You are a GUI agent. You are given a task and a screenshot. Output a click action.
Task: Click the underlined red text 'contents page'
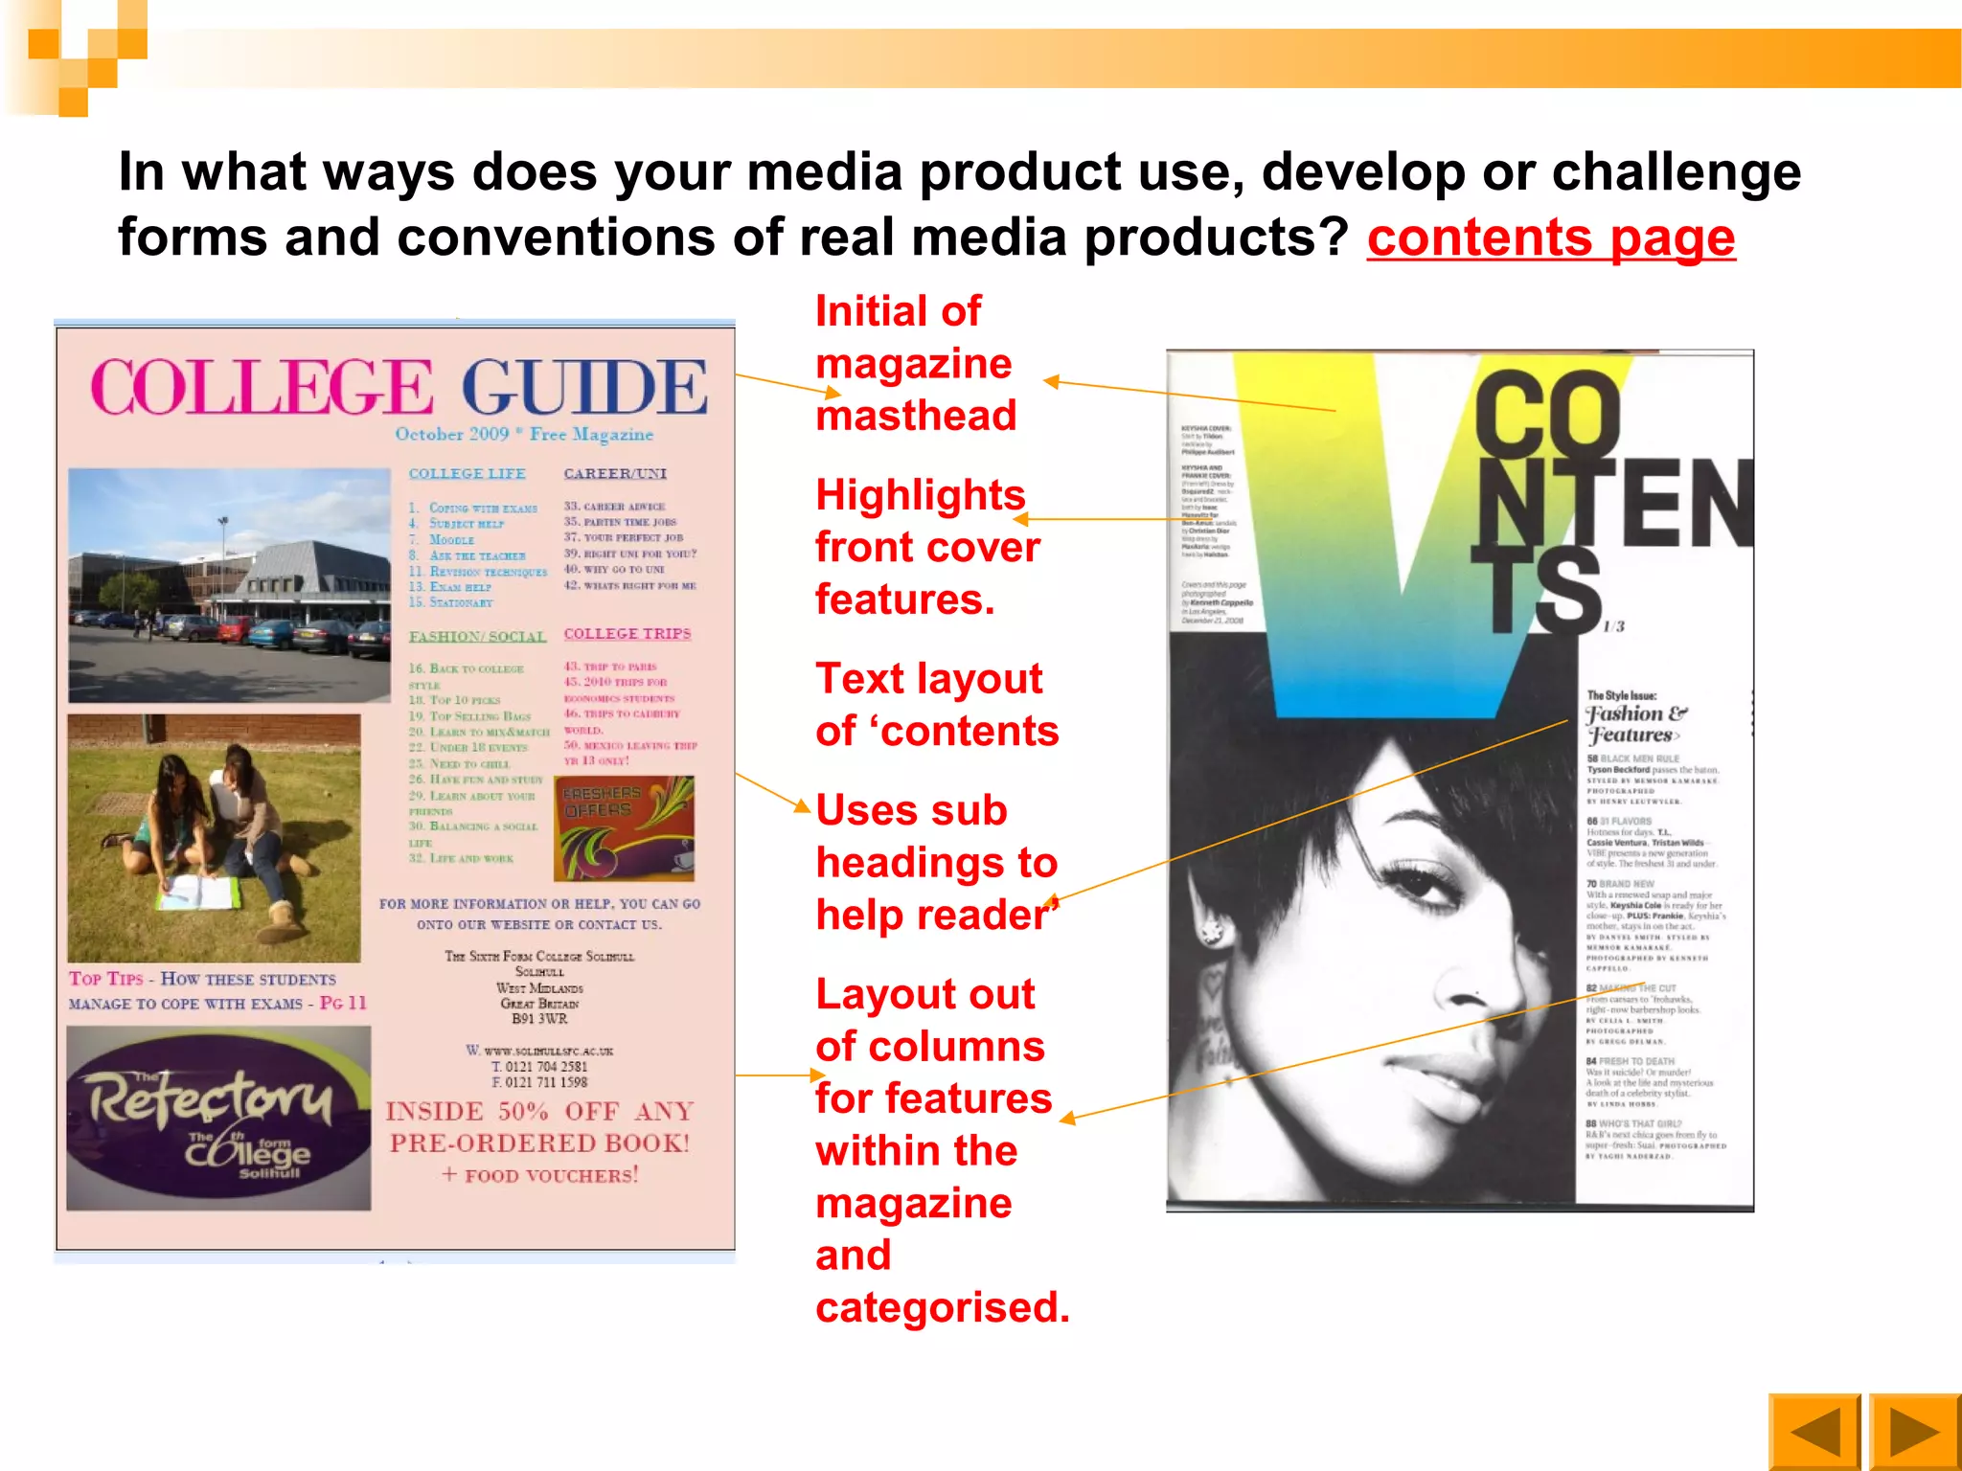point(1550,238)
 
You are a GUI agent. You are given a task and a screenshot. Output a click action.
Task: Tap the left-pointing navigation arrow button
point(1814,1432)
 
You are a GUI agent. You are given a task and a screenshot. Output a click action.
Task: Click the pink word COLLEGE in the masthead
point(262,388)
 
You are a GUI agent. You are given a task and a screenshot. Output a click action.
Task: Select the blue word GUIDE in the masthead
point(584,388)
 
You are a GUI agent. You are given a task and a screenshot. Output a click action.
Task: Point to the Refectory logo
point(218,1118)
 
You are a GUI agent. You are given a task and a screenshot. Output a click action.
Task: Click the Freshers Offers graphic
point(624,828)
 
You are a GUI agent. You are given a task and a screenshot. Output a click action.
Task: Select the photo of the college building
point(229,585)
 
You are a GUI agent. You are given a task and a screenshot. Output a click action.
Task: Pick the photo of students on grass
point(215,837)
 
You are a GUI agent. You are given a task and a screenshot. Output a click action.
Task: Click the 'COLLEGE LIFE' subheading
point(467,474)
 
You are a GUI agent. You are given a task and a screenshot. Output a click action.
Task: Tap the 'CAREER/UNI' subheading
point(615,474)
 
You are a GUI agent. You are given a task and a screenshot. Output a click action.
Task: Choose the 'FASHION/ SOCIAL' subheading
point(477,637)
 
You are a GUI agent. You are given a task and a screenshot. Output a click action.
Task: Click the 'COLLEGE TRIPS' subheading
point(627,634)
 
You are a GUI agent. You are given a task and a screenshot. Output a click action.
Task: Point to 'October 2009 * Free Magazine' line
point(524,435)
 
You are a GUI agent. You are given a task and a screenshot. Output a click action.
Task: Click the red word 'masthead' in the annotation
point(915,417)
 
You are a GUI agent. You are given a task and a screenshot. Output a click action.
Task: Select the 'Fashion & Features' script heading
point(1635,724)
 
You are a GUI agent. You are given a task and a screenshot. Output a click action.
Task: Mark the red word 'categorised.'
point(942,1308)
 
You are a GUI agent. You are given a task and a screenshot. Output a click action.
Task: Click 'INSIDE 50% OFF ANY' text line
point(539,1112)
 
